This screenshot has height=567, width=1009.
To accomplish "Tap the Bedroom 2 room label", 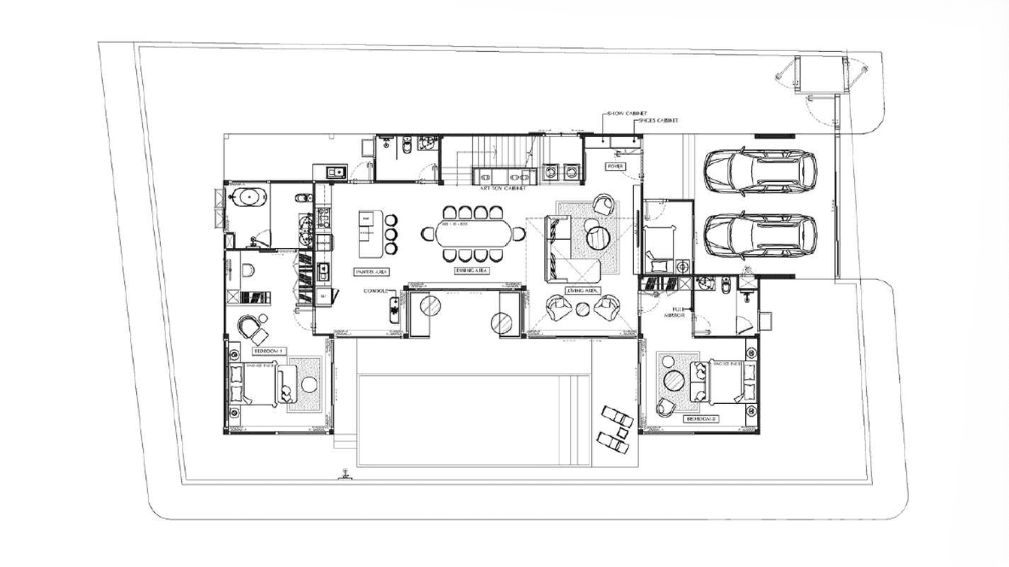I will tap(702, 418).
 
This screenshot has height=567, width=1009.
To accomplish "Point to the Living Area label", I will tap(583, 290).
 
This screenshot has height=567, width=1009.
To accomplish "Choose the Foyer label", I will tap(616, 166).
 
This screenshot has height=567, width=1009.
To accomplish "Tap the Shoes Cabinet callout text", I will tap(657, 120).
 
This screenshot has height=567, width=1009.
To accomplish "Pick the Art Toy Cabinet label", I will tap(504, 189).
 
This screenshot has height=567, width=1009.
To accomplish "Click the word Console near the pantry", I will tap(376, 291).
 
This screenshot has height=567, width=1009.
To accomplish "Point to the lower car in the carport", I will tap(760, 234).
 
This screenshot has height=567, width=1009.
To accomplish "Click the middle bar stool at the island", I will tap(391, 234).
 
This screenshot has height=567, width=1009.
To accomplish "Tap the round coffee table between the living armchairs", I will tap(583, 307).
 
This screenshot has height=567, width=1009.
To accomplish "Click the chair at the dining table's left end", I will tap(428, 234).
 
